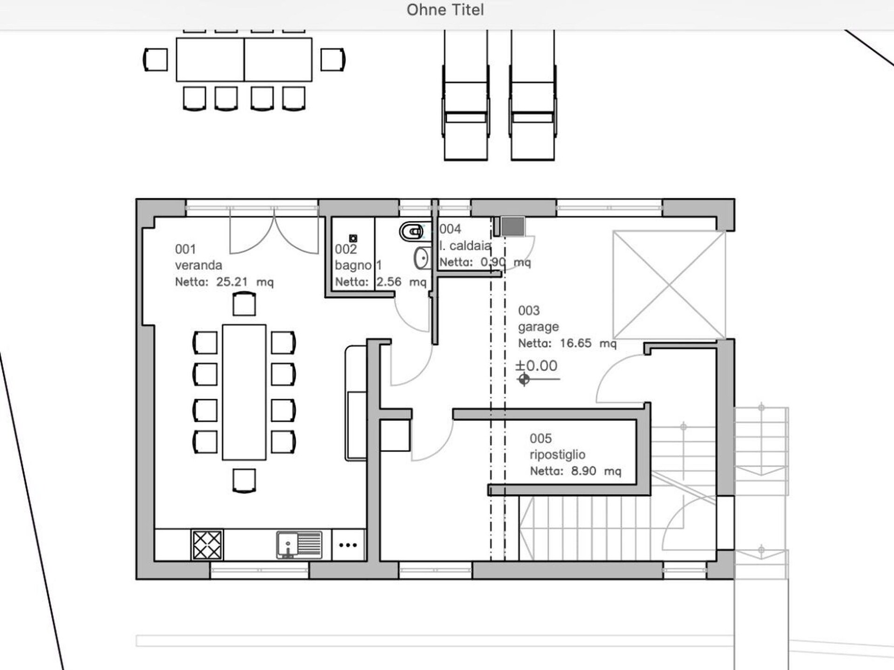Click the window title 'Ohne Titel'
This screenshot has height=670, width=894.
click(445, 10)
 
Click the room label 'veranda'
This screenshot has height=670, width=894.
click(198, 265)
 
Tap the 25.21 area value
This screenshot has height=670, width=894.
click(232, 282)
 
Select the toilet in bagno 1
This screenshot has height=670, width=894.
click(412, 231)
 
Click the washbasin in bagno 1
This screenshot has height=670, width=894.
click(422, 258)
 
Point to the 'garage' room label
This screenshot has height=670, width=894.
click(538, 327)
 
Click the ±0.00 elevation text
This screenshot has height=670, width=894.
click(536, 366)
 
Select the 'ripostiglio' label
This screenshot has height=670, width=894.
click(557, 455)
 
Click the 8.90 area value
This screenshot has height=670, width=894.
click(583, 471)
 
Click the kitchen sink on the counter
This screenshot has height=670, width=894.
click(299, 544)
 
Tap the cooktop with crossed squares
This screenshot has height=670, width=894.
click(207, 545)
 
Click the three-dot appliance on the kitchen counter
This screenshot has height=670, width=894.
click(348, 545)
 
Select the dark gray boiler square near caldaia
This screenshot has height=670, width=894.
click(513, 227)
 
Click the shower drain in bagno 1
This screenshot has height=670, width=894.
click(353, 238)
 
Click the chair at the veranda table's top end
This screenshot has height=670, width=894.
click(244, 304)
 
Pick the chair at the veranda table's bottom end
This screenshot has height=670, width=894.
click(244, 480)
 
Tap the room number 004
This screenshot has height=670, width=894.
click(450, 229)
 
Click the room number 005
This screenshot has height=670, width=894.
click(541, 438)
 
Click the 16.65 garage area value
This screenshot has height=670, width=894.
click(576, 343)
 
